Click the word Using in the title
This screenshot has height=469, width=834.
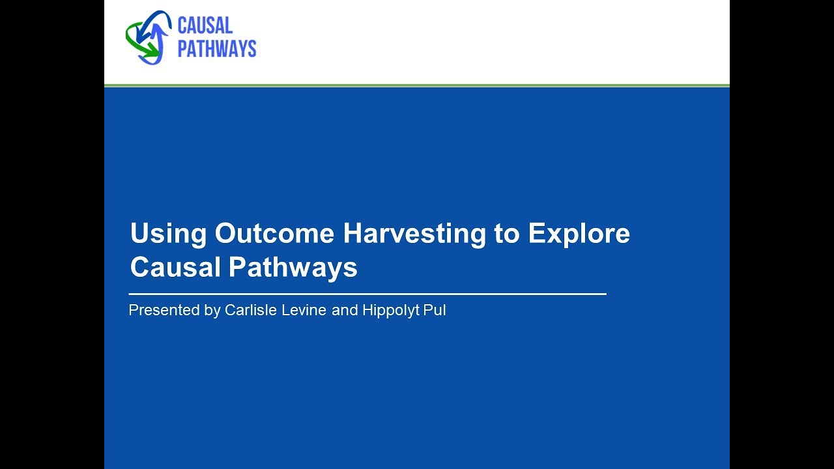click(168, 234)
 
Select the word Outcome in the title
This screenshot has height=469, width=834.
click(274, 234)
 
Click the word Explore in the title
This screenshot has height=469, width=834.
click(579, 234)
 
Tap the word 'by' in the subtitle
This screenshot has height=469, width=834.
click(212, 311)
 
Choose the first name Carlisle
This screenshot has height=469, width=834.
click(252, 311)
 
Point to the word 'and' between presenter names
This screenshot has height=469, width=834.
click(345, 311)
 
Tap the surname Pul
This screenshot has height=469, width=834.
click(436, 311)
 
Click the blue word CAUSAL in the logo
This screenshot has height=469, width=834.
click(205, 26)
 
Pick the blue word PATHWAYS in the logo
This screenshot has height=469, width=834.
click(217, 49)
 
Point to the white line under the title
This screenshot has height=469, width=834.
click(367, 294)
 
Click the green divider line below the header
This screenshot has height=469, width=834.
click(417, 85)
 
